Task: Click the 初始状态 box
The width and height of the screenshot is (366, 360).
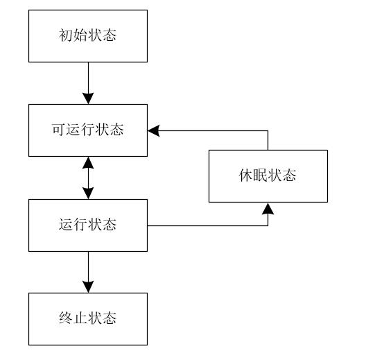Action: (88, 35)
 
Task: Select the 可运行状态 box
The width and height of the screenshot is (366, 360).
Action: (88, 130)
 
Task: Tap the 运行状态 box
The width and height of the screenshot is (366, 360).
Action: (88, 225)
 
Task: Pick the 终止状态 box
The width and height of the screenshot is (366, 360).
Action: (88, 319)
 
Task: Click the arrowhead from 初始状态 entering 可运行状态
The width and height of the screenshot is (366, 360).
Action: (88, 97)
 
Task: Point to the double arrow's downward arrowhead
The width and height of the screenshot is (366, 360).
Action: (88, 192)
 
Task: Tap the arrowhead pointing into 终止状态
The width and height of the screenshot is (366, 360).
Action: (88, 286)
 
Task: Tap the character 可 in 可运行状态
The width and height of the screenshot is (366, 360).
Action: (58, 130)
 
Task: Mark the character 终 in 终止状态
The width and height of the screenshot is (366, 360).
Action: (65, 319)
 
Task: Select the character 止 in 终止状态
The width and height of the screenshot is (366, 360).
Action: (80, 319)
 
